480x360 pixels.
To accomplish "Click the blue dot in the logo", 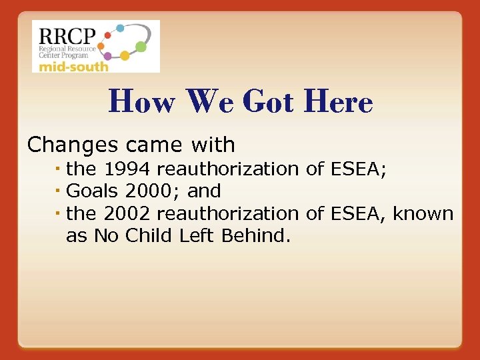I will [120, 28].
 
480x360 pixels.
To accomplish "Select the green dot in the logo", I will [141, 47].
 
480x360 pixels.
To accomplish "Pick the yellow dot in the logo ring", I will [124, 56].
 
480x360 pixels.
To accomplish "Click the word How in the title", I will [141, 103].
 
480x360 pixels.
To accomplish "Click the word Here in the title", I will [337, 103].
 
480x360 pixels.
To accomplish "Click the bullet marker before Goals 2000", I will [59, 191].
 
